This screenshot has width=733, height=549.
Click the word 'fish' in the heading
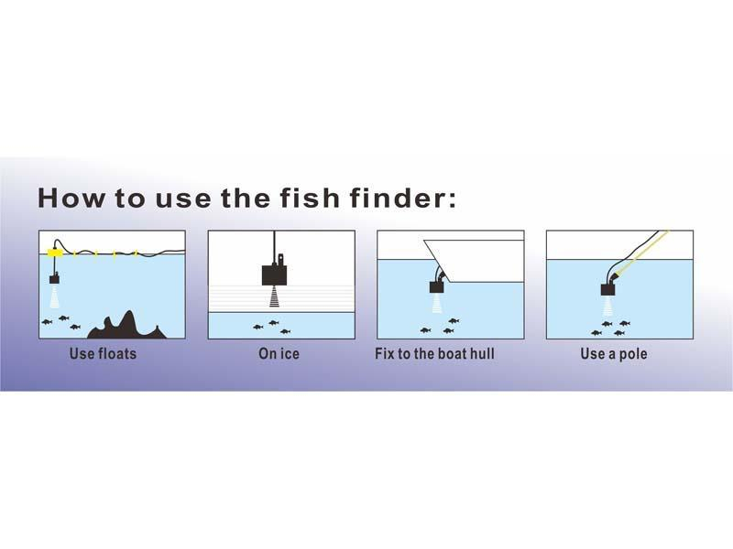(x=310, y=198)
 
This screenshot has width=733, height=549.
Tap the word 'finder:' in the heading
(x=402, y=198)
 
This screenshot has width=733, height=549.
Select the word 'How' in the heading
(x=71, y=198)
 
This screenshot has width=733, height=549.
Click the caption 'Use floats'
(x=103, y=353)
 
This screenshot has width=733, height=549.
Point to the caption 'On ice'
(x=279, y=353)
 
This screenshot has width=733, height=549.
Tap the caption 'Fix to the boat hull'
(x=434, y=353)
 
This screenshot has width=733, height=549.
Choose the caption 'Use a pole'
(x=614, y=353)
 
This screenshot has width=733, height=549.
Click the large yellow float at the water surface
(x=56, y=253)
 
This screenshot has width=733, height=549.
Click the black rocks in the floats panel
(x=126, y=326)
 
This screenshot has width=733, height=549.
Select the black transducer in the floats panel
(x=55, y=279)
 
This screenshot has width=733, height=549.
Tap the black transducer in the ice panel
(x=274, y=274)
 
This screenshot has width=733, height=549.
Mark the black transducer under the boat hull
(x=437, y=286)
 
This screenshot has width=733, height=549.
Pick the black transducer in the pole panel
(x=607, y=289)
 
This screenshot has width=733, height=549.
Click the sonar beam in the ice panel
(x=274, y=296)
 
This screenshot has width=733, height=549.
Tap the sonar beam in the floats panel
(x=55, y=296)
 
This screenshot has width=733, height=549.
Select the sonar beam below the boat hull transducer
(x=437, y=303)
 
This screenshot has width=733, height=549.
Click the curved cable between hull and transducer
(x=439, y=273)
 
